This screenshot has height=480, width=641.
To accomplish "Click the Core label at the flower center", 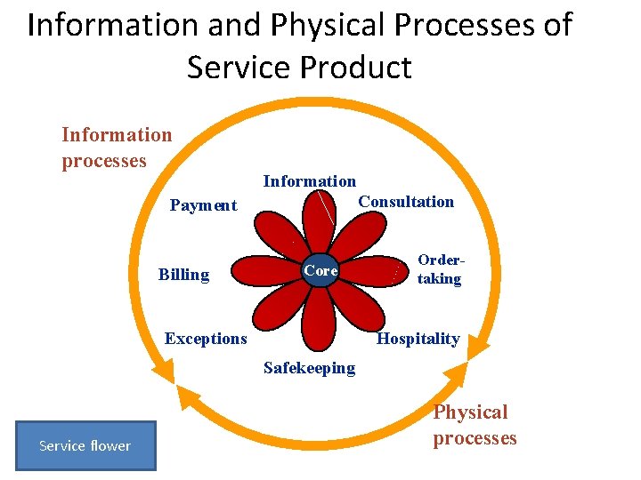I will [x=320, y=270].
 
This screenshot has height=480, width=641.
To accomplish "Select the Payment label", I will [x=203, y=205].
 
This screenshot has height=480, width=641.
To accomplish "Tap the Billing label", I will [x=183, y=275].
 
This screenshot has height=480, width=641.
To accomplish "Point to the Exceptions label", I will [x=206, y=339].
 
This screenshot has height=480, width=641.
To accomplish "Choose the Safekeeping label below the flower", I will [x=309, y=368].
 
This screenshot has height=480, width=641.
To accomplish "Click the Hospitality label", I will [x=418, y=339].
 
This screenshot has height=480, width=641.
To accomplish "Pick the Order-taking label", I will [x=440, y=270].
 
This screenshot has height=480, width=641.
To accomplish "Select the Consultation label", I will [x=405, y=202].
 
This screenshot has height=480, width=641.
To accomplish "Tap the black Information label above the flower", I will [x=309, y=181].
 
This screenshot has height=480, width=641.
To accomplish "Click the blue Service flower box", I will [x=85, y=445].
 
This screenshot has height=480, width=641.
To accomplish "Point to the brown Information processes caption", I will [x=116, y=148].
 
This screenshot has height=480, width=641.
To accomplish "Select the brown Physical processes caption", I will [x=474, y=425].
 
